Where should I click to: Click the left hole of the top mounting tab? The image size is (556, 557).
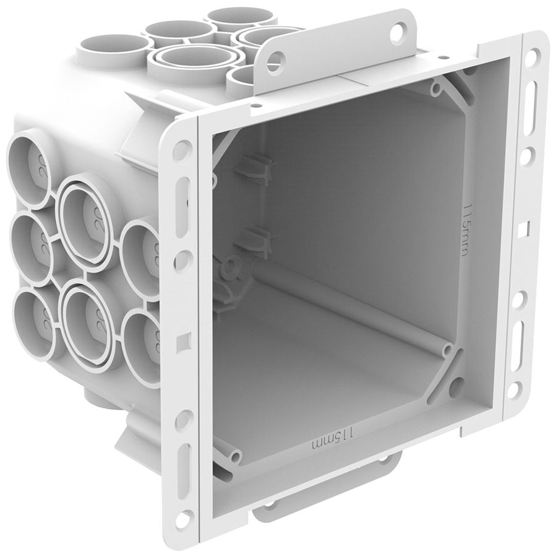279,59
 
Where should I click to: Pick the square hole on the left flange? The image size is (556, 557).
181,340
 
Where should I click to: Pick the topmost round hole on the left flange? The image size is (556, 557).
181,149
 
